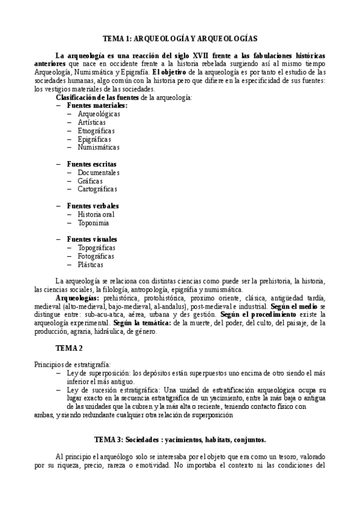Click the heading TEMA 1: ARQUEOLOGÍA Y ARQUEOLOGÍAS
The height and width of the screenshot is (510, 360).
point(180,38)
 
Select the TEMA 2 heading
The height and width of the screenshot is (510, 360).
point(69,348)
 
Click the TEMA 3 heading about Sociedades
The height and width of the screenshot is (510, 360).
point(180,439)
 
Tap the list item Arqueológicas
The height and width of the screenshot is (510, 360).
point(99,113)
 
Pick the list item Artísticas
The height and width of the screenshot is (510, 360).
point(92,121)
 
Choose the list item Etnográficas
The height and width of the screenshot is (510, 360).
point(96,130)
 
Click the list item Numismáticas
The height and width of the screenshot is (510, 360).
point(99,147)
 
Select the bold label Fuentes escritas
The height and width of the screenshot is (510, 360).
point(92,164)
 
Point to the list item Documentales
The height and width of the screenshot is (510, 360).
point(99,172)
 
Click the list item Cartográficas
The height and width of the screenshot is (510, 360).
point(97,189)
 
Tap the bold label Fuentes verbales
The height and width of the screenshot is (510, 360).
point(93,206)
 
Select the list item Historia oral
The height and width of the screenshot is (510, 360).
point(96,214)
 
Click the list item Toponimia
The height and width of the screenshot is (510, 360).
point(93,223)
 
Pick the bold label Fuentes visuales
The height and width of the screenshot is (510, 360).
point(92,239)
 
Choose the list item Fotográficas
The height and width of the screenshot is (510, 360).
point(96,256)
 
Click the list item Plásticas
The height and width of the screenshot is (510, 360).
point(90,265)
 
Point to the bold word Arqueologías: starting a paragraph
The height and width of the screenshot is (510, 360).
point(77,298)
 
